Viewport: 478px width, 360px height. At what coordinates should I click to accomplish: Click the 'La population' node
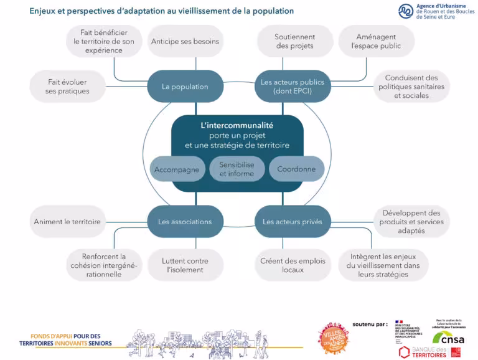click(x=185, y=87)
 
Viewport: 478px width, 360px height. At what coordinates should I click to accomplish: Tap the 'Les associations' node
click(x=185, y=222)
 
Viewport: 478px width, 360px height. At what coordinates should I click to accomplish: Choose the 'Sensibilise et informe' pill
click(x=237, y=169)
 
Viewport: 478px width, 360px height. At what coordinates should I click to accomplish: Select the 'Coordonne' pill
click(x=296, y=169)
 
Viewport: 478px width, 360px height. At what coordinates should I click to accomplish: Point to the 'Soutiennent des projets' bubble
click(x=294, y=42)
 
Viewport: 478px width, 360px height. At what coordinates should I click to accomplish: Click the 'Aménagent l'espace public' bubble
click(x=375, y=42)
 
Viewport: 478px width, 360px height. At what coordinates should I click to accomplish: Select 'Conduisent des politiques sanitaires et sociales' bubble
click(x=411, y=87)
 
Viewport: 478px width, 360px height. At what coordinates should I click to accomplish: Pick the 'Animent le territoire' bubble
click(x=67, y=222)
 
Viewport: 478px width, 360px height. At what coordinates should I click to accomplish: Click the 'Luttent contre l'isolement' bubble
click(x=185, y=265)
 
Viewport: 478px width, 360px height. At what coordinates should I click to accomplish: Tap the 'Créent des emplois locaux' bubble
click(x=293, y=265)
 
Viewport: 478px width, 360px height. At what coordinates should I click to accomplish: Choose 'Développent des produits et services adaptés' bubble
click(x=411, y=222)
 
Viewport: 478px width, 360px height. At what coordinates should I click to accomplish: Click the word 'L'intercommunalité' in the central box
click(x=237, y=125)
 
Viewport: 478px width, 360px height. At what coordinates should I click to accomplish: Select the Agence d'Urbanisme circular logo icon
click(x=406, y=11)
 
